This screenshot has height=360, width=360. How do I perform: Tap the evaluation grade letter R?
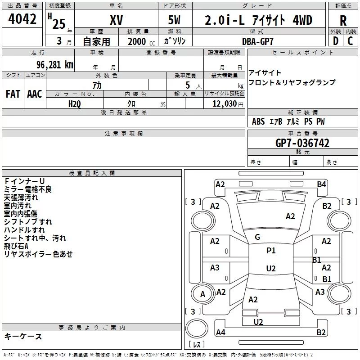[343, 21]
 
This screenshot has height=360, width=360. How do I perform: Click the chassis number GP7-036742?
[302, 143]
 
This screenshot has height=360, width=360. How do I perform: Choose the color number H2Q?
[75, 103]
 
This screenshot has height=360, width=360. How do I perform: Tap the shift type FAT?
[13, 94]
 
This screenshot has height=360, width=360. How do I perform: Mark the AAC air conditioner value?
[34, 94]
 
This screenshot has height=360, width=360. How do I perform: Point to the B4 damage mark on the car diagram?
[321, 184]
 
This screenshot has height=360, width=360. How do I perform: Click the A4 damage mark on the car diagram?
[220, 333]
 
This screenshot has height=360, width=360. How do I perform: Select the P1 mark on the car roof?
[271, 251]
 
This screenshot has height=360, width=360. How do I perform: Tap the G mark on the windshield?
[257, 237]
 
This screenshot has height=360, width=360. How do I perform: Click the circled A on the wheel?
[202, 295]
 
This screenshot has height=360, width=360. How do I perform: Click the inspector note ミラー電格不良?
[28, 189]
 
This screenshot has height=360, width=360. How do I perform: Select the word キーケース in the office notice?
[23, 337]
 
